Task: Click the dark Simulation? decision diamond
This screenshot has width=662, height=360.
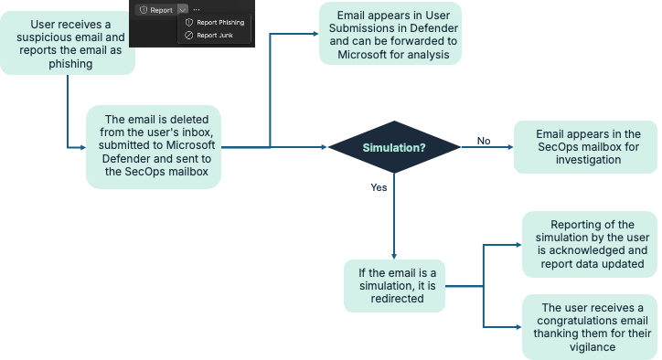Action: click(x=394, y=147)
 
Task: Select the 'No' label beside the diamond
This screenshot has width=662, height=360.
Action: click(x=484, y=141)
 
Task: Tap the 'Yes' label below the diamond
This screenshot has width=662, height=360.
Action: click(x=379, y=187)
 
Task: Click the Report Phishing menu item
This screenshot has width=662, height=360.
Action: click(x=215, y=22)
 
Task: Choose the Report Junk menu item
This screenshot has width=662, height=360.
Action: click(x=209, y=36)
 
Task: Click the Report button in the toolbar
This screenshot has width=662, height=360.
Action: click(x=156, y=10)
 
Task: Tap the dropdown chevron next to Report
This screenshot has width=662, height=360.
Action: click(x=182, y=10)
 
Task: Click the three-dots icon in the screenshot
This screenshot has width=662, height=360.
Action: click(x=197, y=10)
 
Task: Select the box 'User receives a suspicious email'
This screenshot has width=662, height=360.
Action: click(x=68, y=43)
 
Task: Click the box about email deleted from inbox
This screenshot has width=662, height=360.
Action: click(x=154, y=146)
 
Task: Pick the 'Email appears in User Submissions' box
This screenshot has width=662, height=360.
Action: click(x=390, y=34)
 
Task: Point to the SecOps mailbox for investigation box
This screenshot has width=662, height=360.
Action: click(x=585, y=147)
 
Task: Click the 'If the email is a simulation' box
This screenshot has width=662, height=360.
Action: click(x=394, y=286)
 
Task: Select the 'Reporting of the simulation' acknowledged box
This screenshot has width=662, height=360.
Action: click(x=590, y=244)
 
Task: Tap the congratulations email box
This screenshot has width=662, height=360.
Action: click(x=590, y=327)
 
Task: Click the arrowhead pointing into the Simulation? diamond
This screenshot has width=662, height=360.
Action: click(x=325, y=147)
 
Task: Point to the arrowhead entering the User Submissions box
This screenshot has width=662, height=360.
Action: click(x=315, y=34)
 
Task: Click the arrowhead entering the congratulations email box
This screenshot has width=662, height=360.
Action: click(x=518, y=327)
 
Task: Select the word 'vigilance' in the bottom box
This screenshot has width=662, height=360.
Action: click(x=592, y=347)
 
